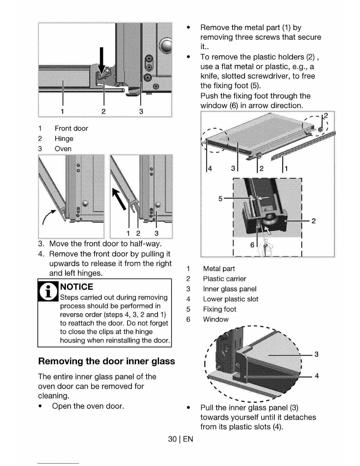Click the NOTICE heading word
[x=76, y=287]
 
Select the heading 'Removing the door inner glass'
[x=106, y=361]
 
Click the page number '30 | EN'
[x=180, y=439]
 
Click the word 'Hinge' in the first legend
[x=64, y=139]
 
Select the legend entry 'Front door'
[x=71, y=129]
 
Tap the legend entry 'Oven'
[x=63, y=149]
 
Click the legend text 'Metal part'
[x=219, y=269]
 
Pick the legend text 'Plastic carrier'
[x=224, y=279]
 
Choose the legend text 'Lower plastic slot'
[x=231, y=299]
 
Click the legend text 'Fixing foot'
[x=219, y=309]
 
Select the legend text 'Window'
[x=216, y=319]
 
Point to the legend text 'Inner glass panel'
[x=230, y=289]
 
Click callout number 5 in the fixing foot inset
[x=220, y=199]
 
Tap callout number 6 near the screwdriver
[x=252, y=245]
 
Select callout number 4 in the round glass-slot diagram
[x=316, y=376]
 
